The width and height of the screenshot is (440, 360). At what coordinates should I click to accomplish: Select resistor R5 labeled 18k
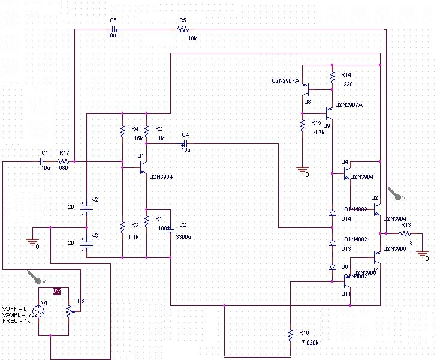(183, 29)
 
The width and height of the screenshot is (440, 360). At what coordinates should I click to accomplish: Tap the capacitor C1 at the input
(44, 162)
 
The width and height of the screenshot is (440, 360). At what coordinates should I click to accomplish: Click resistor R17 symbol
(63, 162)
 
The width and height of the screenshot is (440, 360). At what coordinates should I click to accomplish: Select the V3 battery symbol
(87, 243)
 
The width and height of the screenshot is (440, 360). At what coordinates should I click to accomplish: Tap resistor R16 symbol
(290, 334)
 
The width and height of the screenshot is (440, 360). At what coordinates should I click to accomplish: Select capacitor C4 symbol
(185, 143)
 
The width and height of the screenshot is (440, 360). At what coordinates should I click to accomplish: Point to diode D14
(331, 214)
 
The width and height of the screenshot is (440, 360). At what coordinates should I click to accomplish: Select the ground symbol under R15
(302, 171)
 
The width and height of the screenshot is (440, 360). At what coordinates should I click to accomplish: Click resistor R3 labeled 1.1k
(122, 227)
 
